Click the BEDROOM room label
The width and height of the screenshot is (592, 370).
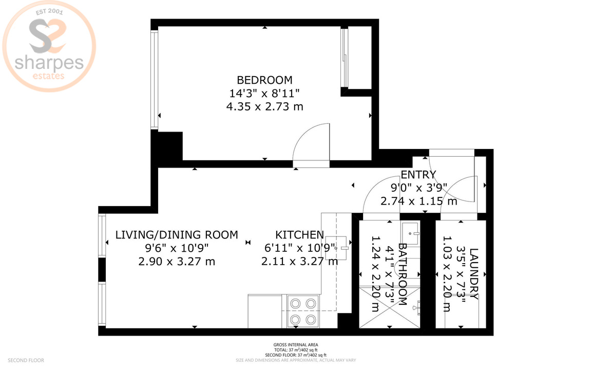[x=264, y=80]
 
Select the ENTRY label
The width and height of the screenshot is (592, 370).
[x=418, y=175]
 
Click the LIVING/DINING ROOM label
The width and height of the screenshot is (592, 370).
[x=177, y=235]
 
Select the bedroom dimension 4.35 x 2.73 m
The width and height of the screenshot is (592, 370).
[x=264, y=107]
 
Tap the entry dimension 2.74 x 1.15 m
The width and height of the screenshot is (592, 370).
[x=418, y=201]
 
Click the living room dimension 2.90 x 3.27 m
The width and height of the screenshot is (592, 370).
[x=177, y=262]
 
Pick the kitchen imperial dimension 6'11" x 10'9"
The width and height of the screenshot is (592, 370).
[x=299, y=248]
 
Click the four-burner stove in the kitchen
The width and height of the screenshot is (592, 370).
[x=302, y=311]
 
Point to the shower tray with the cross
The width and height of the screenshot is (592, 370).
[x=389, y=307]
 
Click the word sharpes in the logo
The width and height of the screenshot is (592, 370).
[x=49, y=63]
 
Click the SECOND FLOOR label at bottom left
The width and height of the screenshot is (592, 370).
[x=26, y=360]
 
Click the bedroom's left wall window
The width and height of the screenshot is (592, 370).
[x=154, y=80]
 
